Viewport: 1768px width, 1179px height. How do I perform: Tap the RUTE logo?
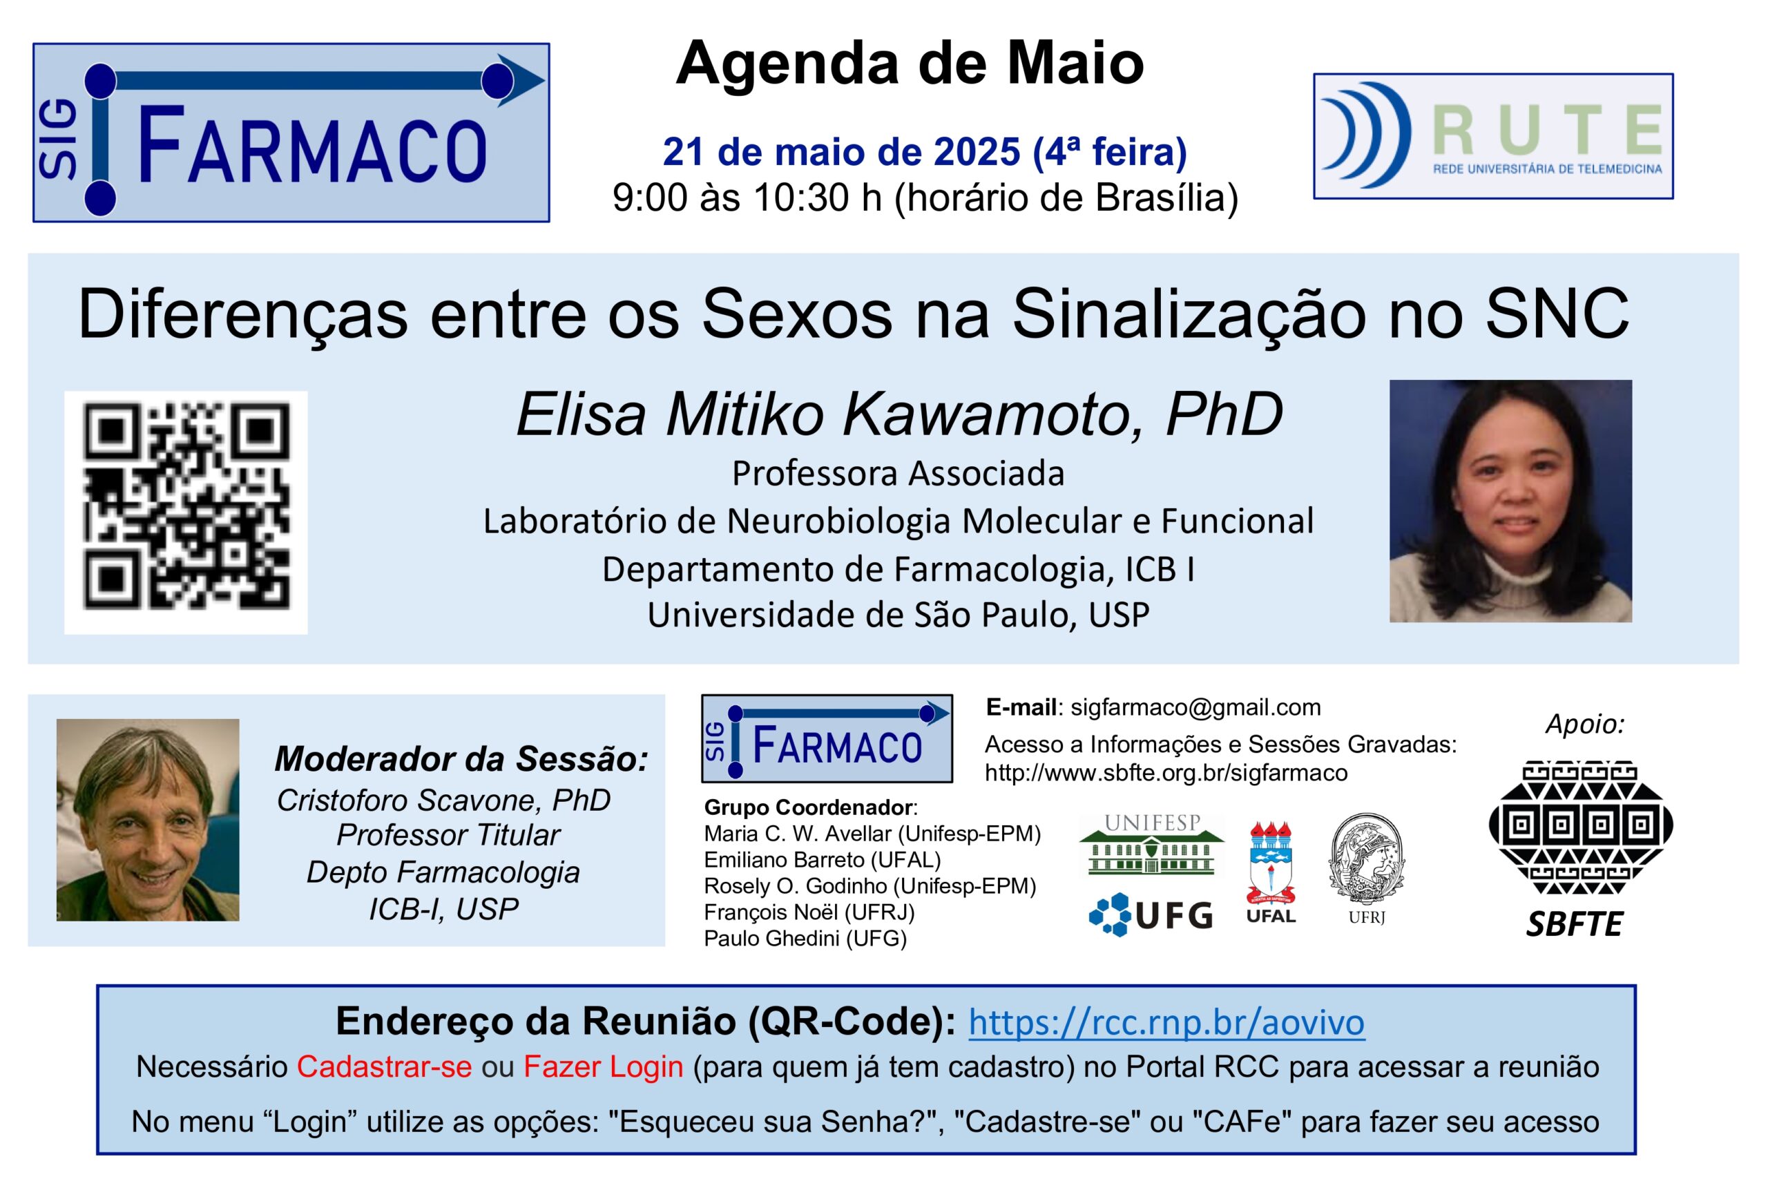[x=1493, y=136]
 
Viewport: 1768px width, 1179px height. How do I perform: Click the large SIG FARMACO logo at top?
[x=291, y=133]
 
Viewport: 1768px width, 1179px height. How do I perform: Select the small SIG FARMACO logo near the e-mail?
[x=827, y=738]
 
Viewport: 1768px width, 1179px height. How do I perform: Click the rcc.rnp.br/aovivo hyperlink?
[x=1166, y=1022]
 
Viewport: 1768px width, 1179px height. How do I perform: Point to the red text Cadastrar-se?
[x=384, y=1066]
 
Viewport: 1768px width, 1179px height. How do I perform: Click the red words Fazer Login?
[x=604, y=1066]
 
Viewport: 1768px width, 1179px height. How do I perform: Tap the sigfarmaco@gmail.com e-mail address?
[x=1195, y=707]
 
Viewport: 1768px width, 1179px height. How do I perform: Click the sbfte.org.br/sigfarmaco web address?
[x=1166, y=773]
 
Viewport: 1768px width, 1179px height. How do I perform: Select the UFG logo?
[x=1151, y=914]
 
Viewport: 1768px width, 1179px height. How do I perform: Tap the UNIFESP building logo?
[x=1151, y=845]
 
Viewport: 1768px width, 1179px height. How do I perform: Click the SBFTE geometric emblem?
[x=1581, y=827]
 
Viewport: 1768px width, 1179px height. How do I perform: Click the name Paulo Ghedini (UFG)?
[x=805, y=939]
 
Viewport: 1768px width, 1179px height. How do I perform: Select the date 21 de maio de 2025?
[x=840, y=152]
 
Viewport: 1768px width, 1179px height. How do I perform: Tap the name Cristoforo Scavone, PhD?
[x=443, y=800]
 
